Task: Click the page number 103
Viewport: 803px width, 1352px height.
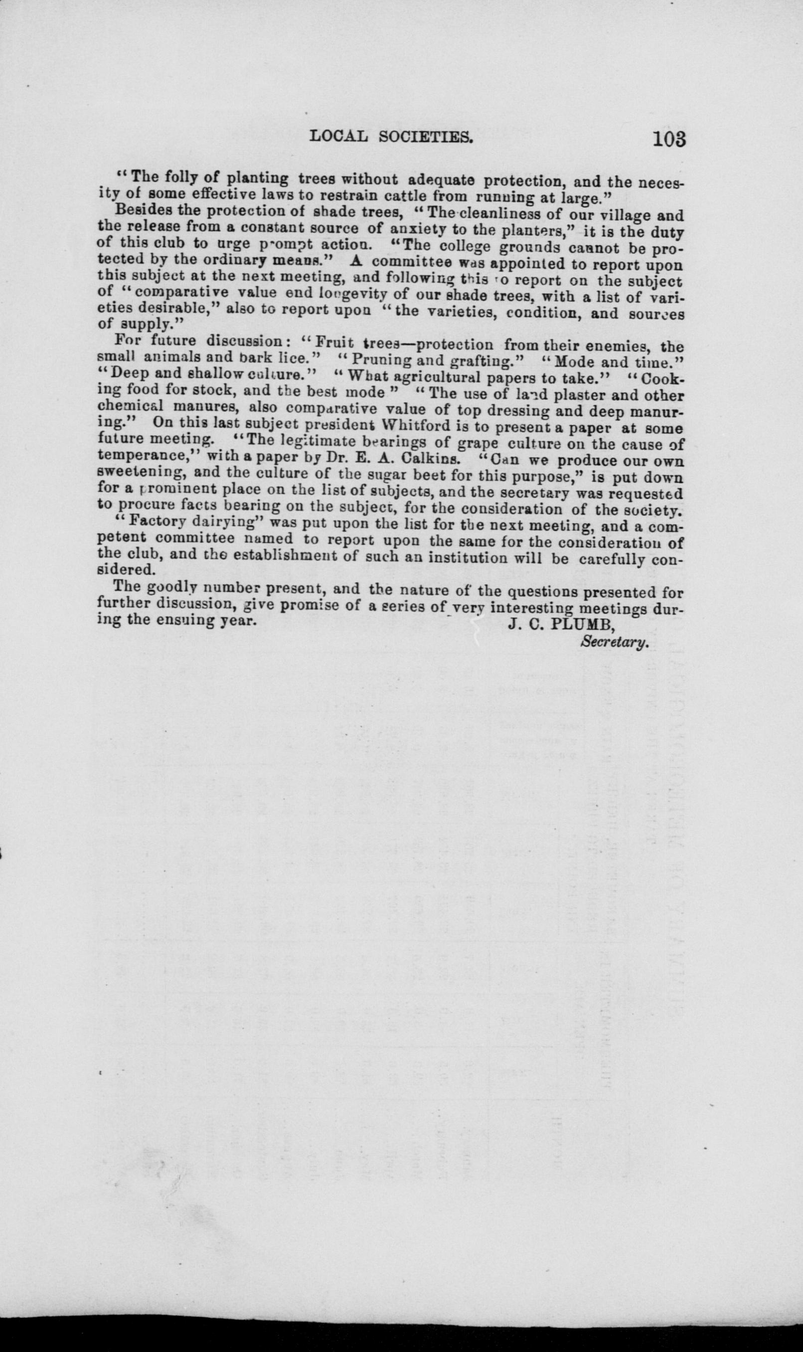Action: coord(669,139)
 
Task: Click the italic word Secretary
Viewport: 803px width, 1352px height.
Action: coord(614,643)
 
